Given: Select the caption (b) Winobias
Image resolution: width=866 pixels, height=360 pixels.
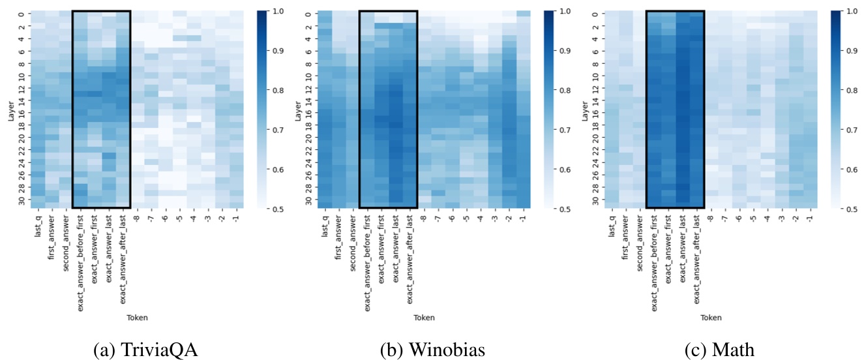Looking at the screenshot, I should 433,350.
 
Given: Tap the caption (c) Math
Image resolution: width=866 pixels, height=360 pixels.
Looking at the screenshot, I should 719,350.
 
